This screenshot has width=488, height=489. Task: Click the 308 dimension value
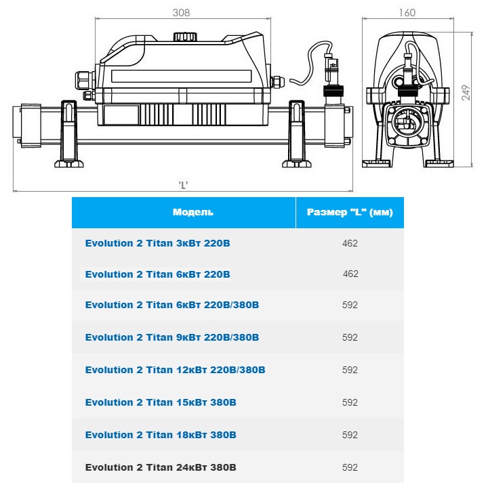181,12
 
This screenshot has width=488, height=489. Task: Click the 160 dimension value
407,12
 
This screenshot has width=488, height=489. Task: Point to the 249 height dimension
466,93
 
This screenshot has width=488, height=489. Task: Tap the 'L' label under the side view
183,186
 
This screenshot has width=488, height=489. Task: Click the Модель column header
193,212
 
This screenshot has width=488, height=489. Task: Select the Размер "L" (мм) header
350,212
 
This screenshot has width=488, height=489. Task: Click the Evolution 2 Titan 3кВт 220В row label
157,243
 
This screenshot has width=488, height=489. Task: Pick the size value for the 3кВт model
350,243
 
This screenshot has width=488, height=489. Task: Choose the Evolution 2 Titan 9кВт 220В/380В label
172,337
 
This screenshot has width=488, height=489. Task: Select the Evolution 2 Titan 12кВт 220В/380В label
175,370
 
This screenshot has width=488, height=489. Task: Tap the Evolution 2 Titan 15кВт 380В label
161,402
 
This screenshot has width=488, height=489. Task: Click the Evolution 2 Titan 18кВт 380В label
161,435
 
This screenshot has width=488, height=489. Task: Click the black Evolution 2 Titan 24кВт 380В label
161,467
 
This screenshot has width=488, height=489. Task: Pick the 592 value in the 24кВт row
350,467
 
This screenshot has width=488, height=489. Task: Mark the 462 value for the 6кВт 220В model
350,274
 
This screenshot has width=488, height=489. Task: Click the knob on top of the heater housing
185,36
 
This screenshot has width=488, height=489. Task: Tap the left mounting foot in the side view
69,134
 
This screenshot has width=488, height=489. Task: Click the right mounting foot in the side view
297,134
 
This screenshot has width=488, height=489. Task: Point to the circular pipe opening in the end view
405,122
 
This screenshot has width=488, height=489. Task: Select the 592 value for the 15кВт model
350,402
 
